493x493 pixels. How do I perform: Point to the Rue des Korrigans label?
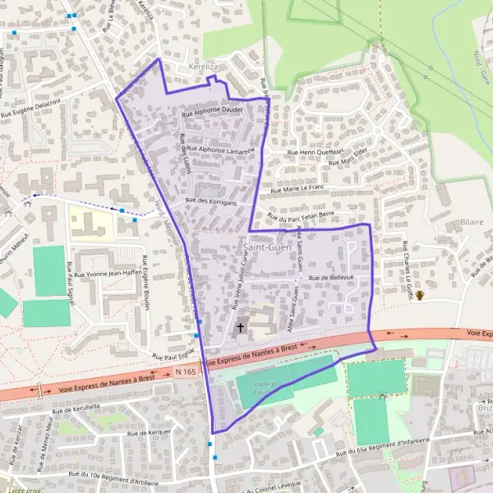pos(211,201)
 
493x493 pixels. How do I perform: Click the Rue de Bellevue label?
pos(330,278)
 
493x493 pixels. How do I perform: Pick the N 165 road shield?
pos(186,372)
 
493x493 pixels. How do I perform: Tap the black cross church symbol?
pos(241,328)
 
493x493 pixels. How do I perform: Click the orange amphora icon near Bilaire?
pos(420,296)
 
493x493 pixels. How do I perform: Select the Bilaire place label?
pos(472,222)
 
